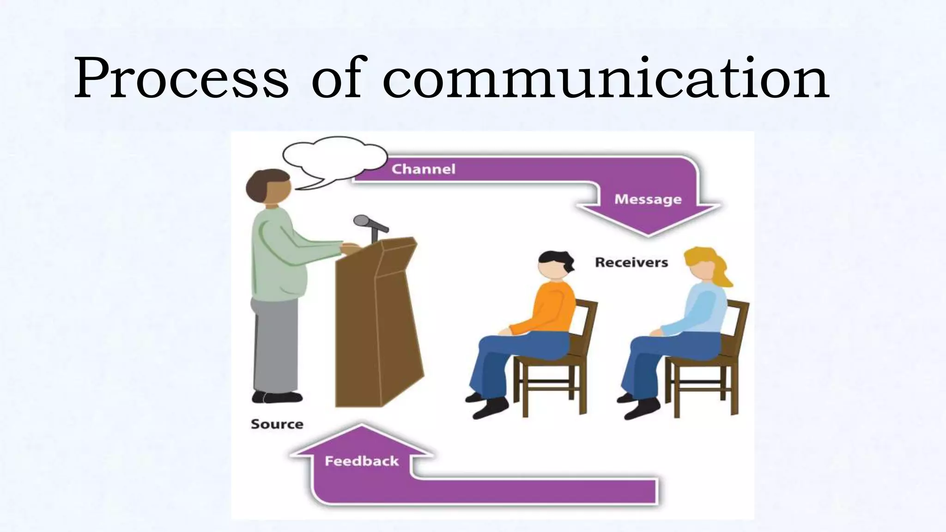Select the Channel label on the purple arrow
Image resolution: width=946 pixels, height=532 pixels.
click(x=423, y=169)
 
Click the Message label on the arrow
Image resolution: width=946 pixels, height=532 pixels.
click(x=648, y=199)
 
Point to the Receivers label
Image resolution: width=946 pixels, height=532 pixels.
click(x=631, y=262)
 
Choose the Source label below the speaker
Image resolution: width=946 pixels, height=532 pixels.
click(x=277, y=424)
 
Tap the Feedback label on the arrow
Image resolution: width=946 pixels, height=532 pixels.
click(x=361, y=461)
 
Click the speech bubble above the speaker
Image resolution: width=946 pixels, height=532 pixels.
click(x=335, y=158)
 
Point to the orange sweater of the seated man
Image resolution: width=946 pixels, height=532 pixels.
click(x=552, y=309)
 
